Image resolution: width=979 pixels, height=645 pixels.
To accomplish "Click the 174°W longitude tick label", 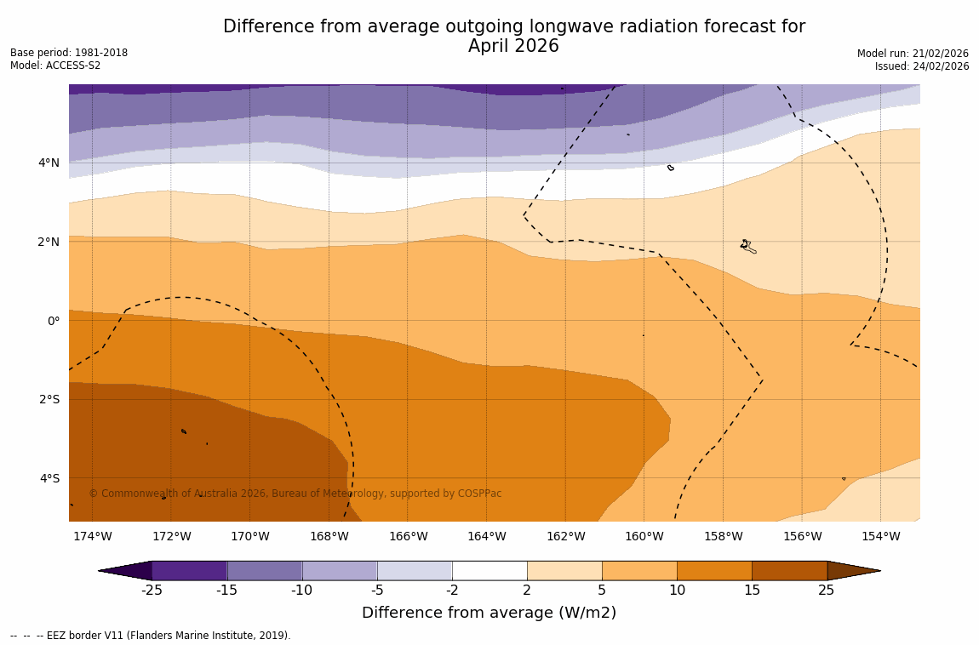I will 92,536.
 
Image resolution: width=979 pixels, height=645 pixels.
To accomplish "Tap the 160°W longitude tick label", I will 644,536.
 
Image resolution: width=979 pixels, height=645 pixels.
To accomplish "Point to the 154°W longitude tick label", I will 880,536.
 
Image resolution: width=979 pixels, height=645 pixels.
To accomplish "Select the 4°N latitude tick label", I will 49,163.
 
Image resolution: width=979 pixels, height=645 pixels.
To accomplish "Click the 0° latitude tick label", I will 53,321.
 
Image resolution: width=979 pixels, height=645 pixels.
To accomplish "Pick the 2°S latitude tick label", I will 49,399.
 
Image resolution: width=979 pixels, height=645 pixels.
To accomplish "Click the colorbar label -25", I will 152,591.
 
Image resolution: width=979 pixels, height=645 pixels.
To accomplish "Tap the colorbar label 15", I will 752,591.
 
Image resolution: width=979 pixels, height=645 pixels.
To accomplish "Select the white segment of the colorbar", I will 489,571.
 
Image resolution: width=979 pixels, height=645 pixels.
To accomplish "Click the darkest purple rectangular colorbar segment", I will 189,571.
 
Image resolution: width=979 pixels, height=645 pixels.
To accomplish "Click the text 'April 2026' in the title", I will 513,47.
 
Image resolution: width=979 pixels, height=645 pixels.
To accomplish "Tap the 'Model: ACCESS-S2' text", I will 55,66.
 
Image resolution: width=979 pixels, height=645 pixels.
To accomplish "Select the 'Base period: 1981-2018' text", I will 69,53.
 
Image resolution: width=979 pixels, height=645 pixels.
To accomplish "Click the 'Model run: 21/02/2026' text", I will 913,54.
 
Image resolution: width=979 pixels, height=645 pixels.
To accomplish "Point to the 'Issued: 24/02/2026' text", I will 922,66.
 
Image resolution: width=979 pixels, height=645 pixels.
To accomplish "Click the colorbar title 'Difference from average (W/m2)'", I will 489,613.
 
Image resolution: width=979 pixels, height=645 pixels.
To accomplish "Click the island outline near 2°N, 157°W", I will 747,246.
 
